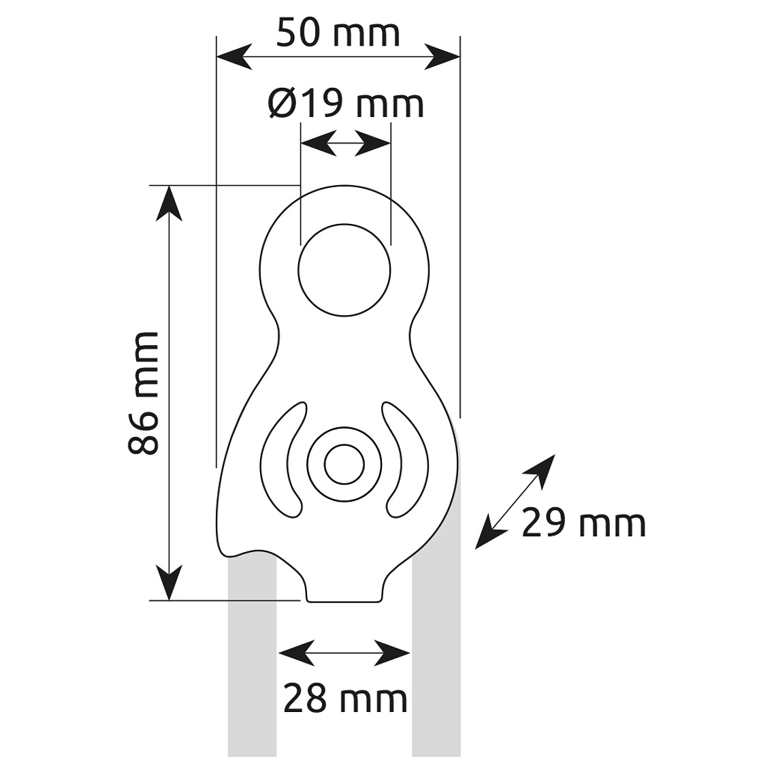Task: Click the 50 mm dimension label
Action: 338,33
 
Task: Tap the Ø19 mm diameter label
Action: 346,103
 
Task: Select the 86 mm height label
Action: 143,393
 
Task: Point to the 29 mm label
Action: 583,523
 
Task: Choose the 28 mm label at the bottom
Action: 345,698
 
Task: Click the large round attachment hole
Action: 344,270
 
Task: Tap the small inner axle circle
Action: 344,464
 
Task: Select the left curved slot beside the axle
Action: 284,461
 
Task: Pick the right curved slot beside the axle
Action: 405,461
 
